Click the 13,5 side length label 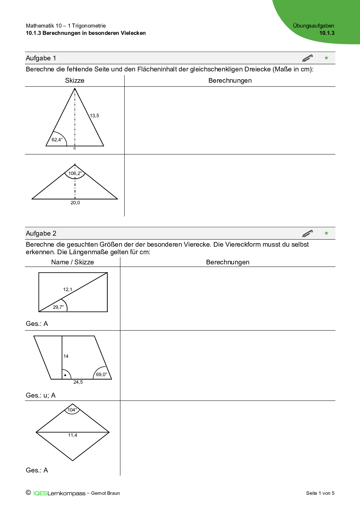coord(94,115)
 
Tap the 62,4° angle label coord(57,140)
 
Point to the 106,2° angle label coord(75,173)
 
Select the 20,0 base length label coord(75,203)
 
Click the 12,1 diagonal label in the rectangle coord(68,289)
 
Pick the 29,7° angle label coord(58,307)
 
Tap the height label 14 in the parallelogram coord(66,356)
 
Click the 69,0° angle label coord(102,374)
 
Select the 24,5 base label coord(78,382)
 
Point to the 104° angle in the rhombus coord(72,410)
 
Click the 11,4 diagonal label coord(73,435)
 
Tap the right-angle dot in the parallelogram coord(65,375)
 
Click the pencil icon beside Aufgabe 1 coord(307,58)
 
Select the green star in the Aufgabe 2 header coord(326,233)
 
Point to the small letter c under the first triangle coord(75,148)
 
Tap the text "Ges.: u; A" coord(41,395)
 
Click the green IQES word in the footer coord(40,493)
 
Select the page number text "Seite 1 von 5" coord(320,493)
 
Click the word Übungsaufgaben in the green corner coord(314,26)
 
